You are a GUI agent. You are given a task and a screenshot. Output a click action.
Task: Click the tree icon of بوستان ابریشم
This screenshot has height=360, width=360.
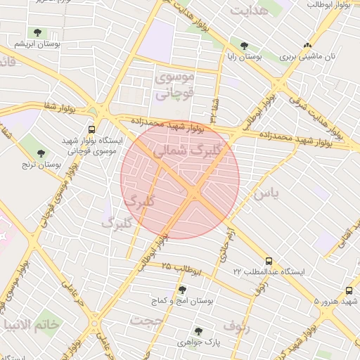tap(37, 32)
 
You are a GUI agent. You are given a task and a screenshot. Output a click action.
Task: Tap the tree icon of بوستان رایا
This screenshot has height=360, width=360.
tap(244, 46)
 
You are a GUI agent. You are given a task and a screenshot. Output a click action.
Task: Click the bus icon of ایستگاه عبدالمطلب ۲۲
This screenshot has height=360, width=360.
tap(269, 259)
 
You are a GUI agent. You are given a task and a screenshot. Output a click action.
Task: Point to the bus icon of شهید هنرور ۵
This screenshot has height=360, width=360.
tap(349, 290)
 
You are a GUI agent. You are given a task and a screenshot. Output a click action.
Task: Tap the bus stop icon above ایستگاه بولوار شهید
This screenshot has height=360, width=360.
tap(91, 129)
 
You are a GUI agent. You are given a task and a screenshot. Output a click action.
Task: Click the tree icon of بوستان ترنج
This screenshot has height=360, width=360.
tap(41, 153)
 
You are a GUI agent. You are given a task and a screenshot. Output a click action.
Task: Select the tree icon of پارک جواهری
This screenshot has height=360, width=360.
tap(198, 330)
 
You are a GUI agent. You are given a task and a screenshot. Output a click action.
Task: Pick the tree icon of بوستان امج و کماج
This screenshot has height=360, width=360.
tap(182, 290)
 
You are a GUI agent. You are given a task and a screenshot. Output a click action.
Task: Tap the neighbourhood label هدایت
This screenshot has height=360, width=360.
tap(249, 11)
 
